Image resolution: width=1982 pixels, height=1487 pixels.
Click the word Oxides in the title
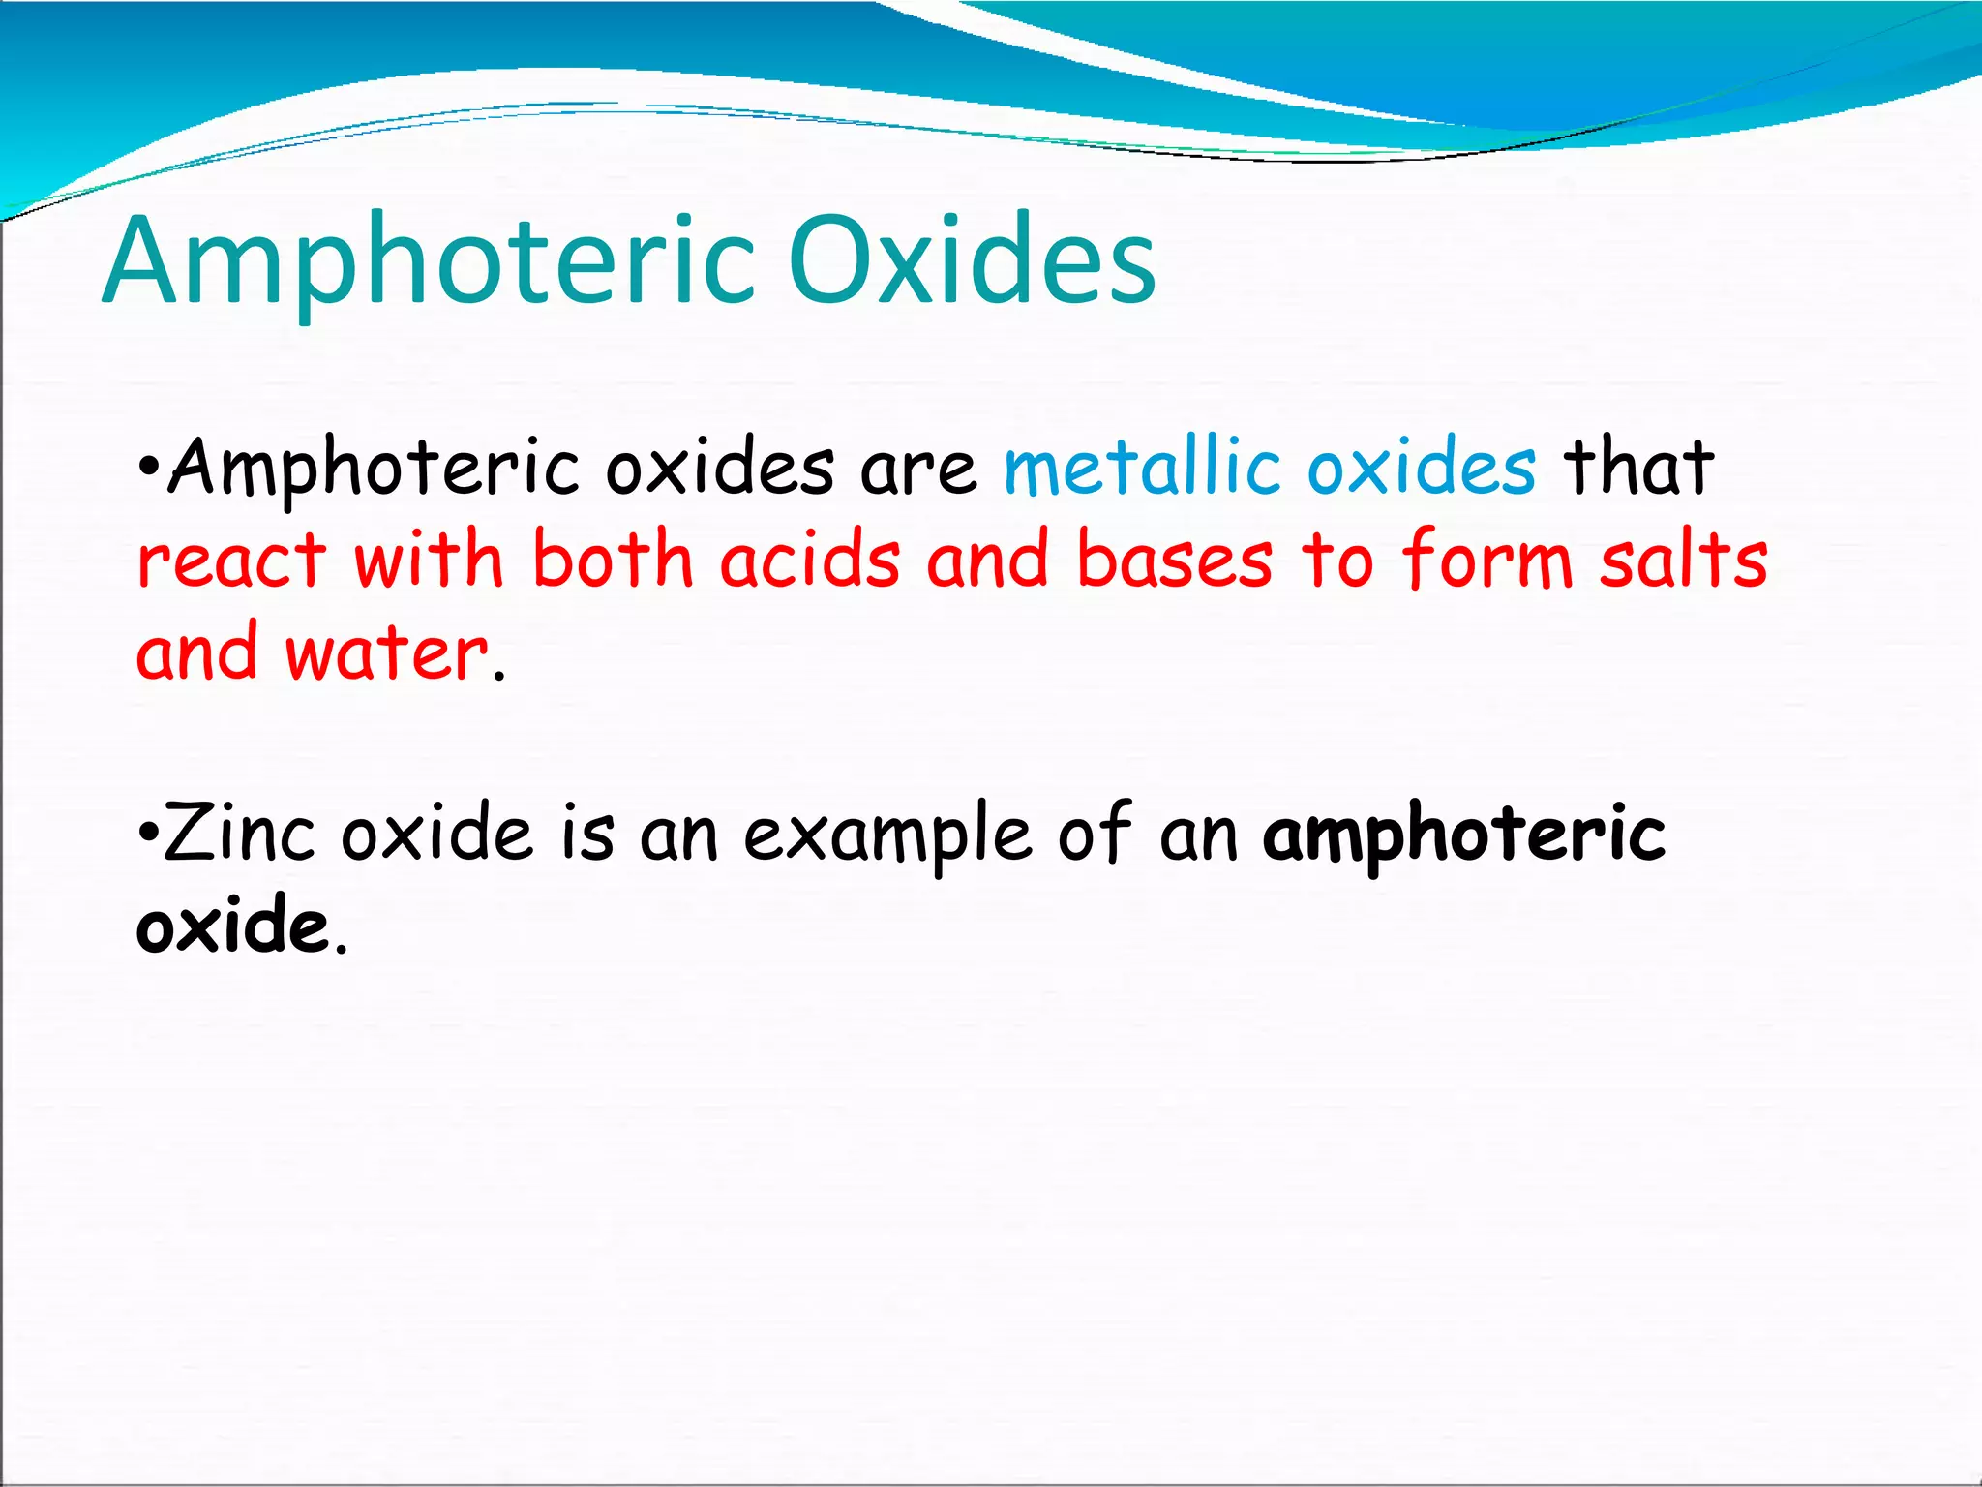(972, 259)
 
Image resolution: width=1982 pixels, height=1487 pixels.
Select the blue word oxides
(1421, 468)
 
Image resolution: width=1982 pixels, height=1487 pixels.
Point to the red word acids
(810, 560)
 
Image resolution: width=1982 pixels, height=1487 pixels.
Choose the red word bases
(1175, 560)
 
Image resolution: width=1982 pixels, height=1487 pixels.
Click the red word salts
(1683, 560)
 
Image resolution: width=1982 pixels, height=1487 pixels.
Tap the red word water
(386, 652)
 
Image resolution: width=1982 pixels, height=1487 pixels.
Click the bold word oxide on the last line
(232, 926)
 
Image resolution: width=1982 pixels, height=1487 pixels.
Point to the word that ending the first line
(1638, 468)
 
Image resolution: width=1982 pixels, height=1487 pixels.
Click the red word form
(1487, 560)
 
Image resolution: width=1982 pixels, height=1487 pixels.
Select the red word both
(613, 560)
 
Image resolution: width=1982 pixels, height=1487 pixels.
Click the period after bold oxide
(340, 950)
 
